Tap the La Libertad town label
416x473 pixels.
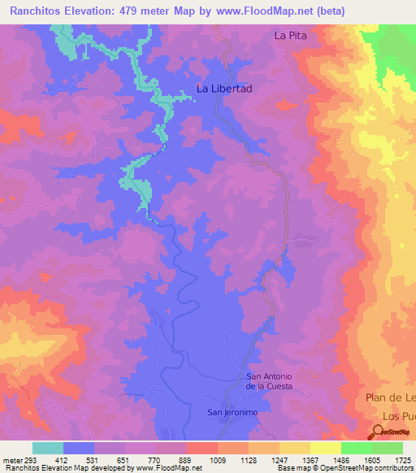[x=225, y=89]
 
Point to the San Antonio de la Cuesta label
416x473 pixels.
[x=269, y=381]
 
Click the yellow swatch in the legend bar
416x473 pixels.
[x=326, y=448]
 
